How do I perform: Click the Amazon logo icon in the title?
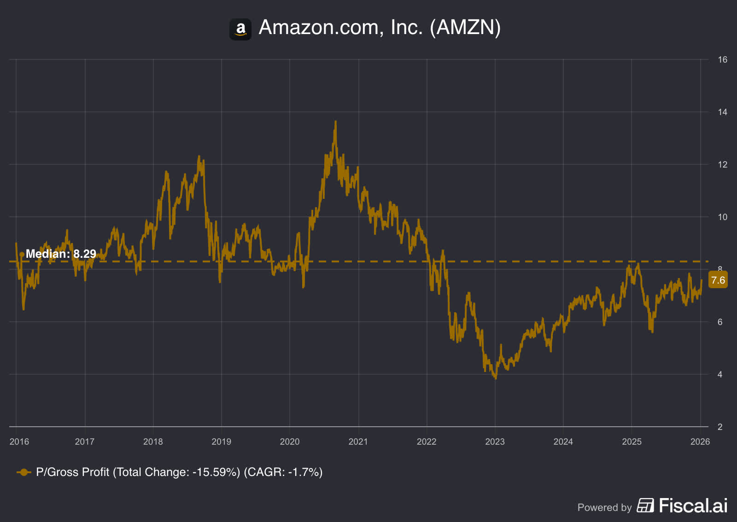pos(240,29)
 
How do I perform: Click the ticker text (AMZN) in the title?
pos(465,28)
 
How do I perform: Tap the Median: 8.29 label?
pos(61,254)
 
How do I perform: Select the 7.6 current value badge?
pos(718,280)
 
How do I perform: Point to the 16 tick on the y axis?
pos(722,59)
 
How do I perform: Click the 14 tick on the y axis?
pos(722,112)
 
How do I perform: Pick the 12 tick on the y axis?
pos(722,164)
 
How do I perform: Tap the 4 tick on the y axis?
pos(720,374)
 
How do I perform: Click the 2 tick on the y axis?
pos(720,427)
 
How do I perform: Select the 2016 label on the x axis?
pos(19,441)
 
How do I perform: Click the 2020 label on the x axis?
pos(290,441)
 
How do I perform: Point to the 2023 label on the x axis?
pos(495,441)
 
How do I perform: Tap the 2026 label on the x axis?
pos(700,441)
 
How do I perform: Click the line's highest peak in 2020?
pos(335,122)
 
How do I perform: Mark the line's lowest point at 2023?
pos(496,378)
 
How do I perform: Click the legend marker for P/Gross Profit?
pos(24,472)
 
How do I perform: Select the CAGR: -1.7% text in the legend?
pos(283,472)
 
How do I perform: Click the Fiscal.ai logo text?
pos(693,506)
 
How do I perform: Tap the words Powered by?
pos(604,507)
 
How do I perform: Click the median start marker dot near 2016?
pos(22,254)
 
